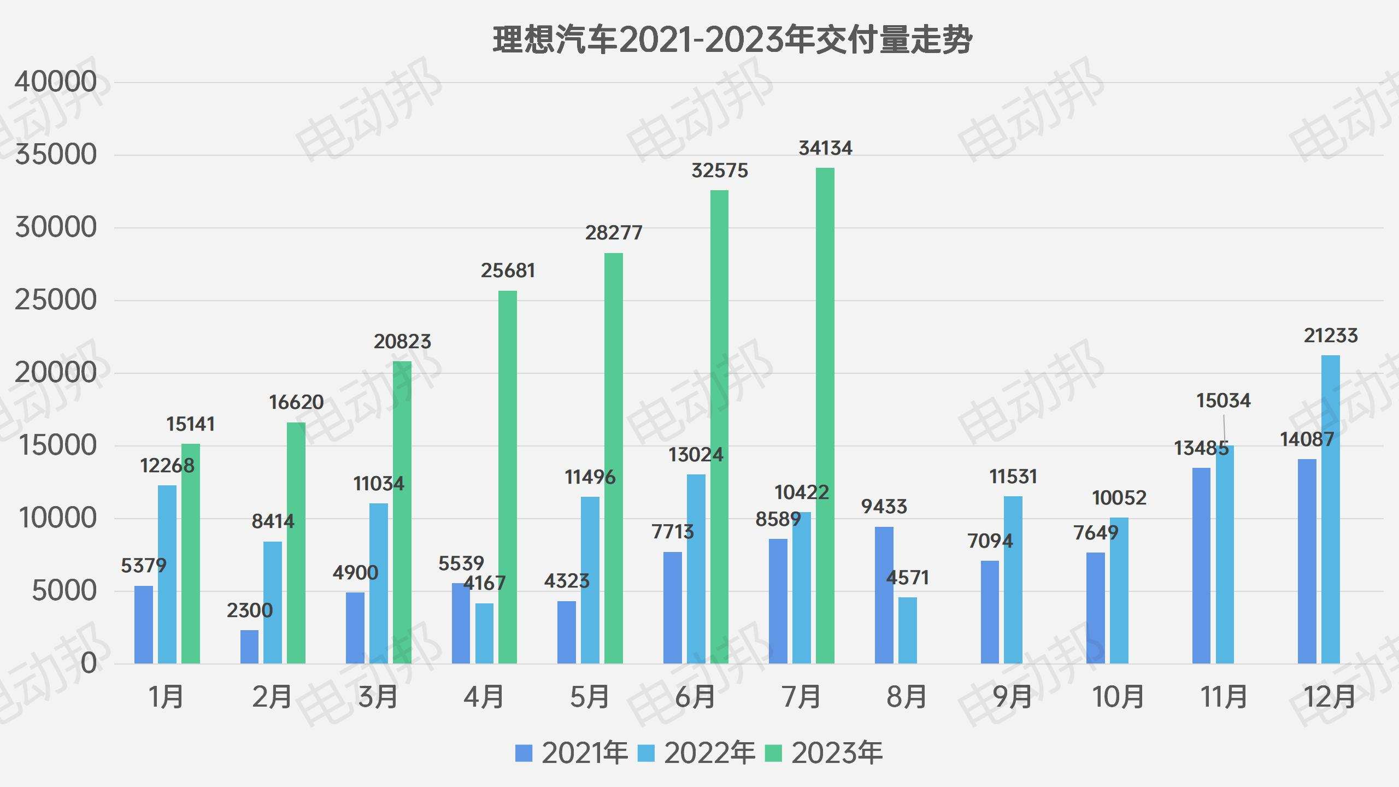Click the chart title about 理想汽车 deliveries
point(732,39)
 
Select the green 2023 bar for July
point(825,415)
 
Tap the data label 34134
point(825,148)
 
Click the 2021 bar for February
point(249,647)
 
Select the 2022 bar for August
point(908,631)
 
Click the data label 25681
point(508,271)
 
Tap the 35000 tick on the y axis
point(56,155)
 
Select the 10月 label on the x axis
point(1118,697)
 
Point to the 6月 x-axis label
point(695,697)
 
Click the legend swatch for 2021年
point(524,754)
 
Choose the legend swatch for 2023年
point(773,754)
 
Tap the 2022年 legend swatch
point(646,754)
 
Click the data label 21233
point(1331,336)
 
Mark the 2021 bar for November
point(1201,566)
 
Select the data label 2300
point(249,610)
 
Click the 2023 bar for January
point(191,554)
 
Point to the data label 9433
point(884,507)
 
